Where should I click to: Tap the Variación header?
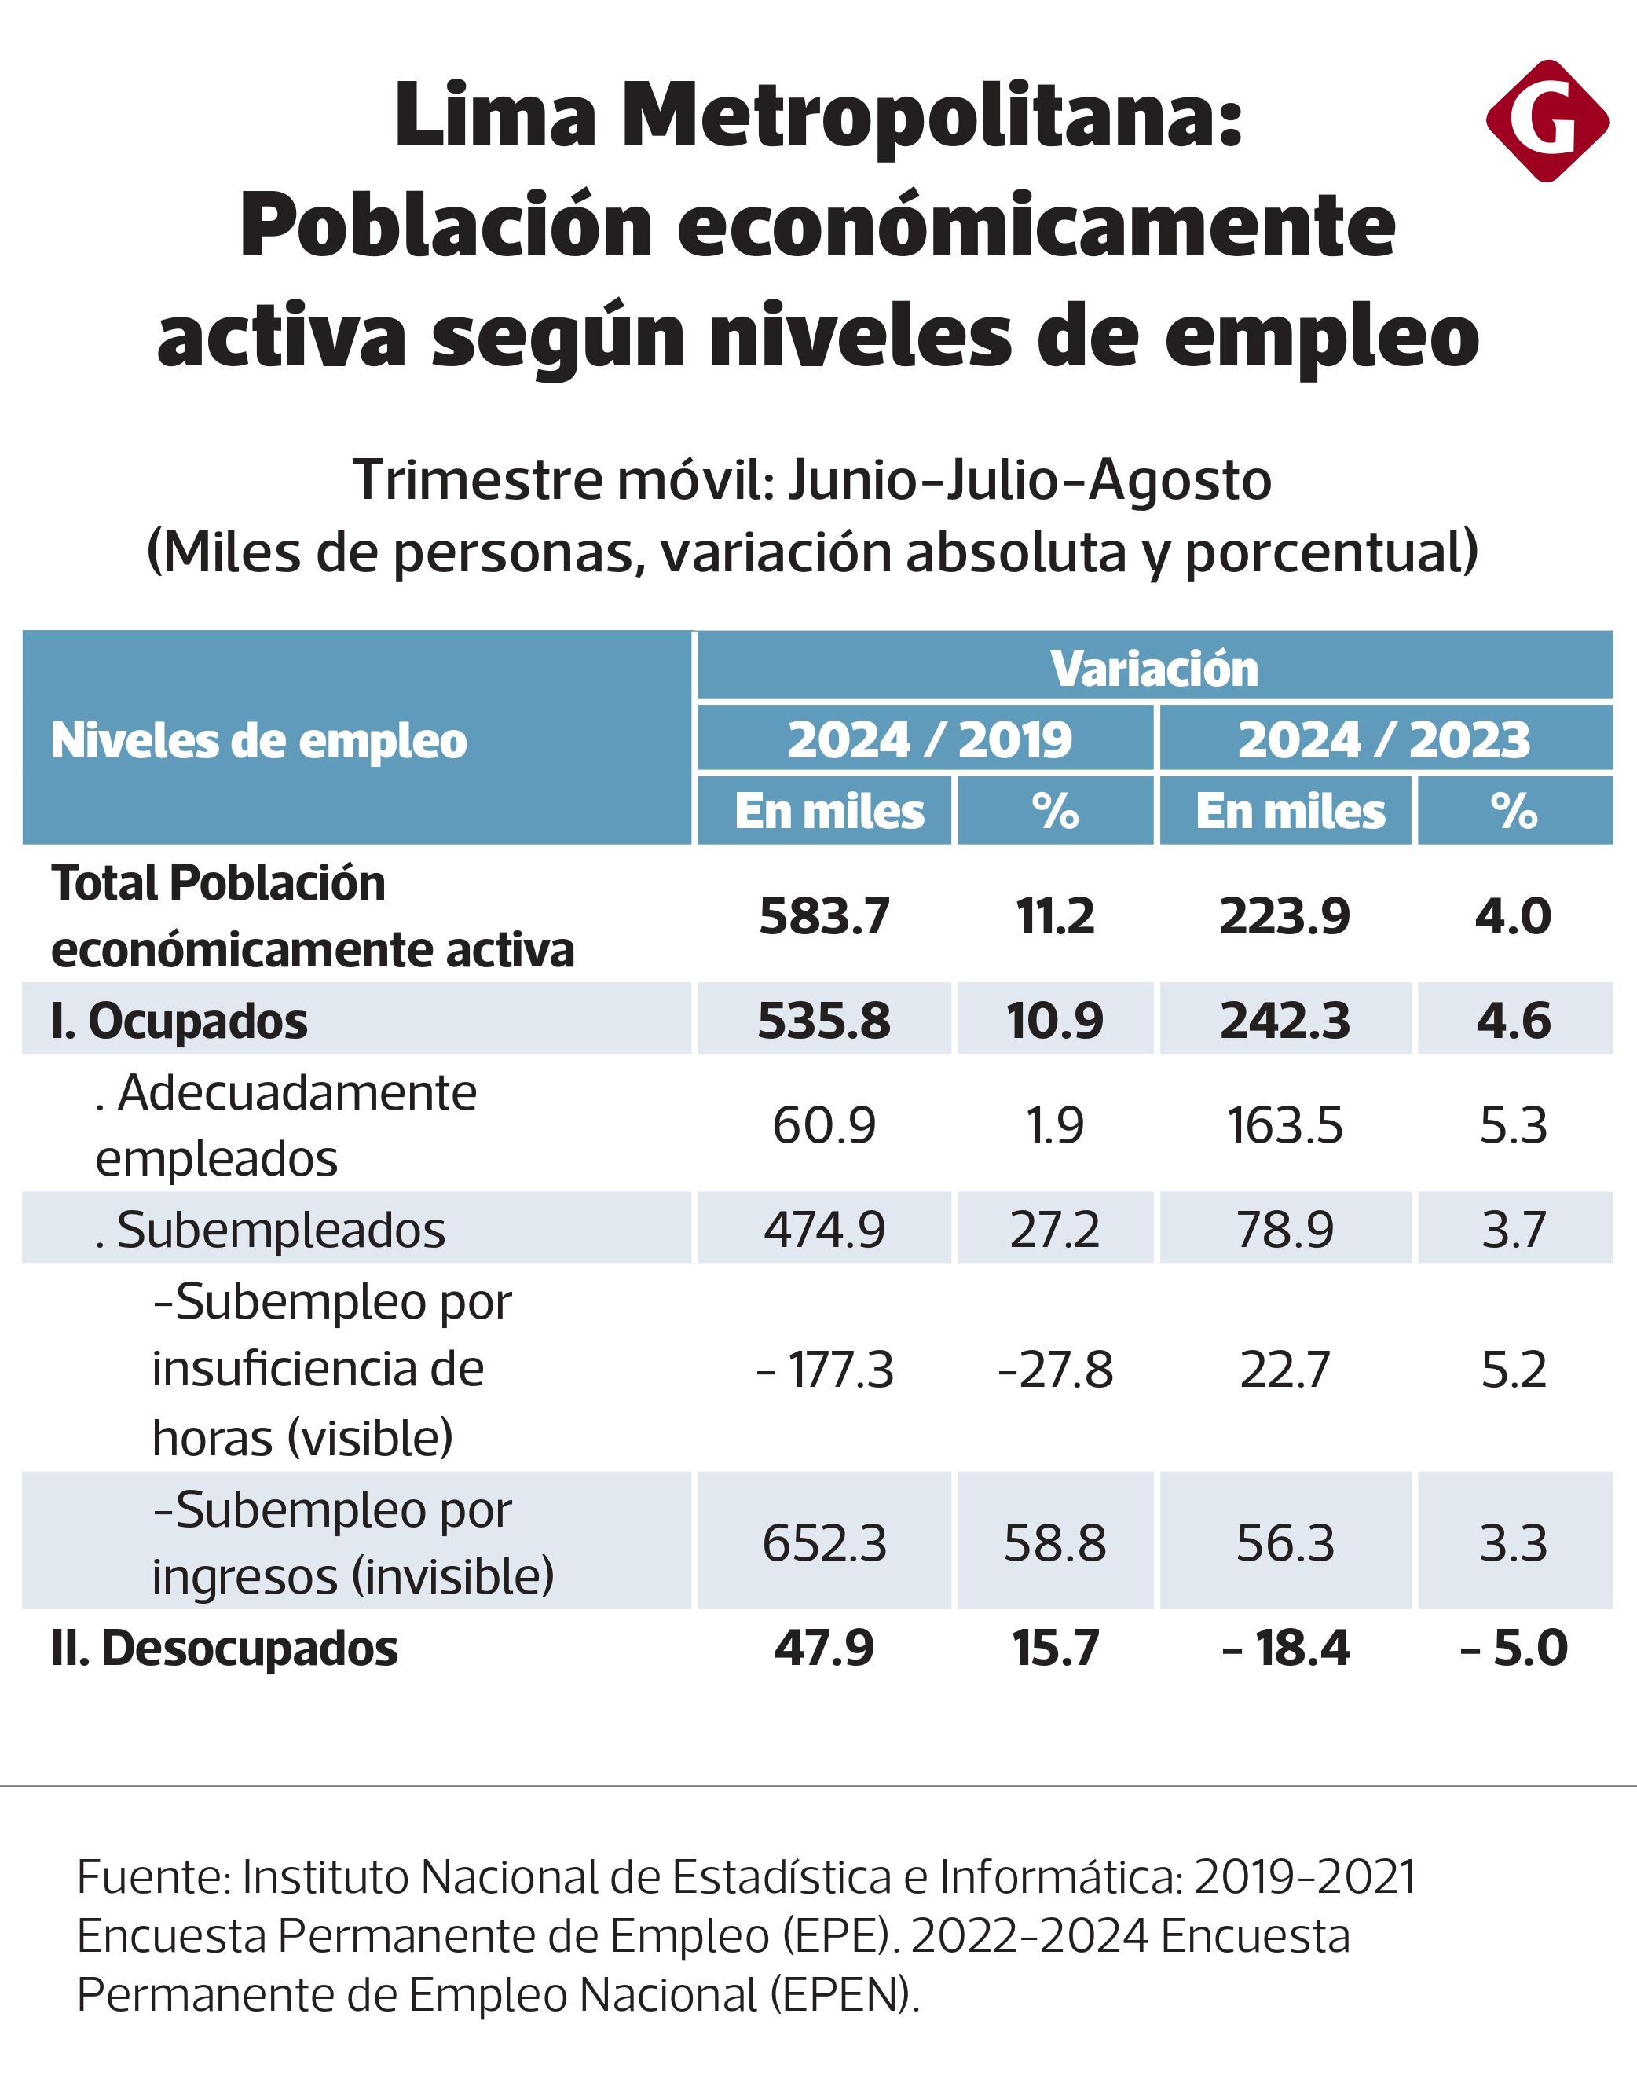(x=1154, y=668)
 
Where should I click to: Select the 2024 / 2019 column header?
(x=928, y=739)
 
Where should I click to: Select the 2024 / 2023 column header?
(x=1384, y=739)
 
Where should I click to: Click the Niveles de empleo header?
(x=258, y=740)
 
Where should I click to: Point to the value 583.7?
(x=824, y=915)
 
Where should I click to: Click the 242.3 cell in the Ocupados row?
(x=1284, y=1020)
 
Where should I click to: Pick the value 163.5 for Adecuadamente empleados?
(x=1284, y=1124)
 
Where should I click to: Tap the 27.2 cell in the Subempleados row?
(x=1054, y=1229)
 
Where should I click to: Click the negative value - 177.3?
(x=824, y=1369)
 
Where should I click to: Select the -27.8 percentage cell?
(x=1054, y=1369)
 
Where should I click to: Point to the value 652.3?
(x=824, y=1543)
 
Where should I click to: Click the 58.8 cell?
(x=1054, y=1543)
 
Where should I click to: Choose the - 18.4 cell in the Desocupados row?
(x=1284, y=1648)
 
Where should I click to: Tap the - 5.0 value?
(x=1514, y=1648)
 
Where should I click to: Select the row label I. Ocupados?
(x=179, y=1021)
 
